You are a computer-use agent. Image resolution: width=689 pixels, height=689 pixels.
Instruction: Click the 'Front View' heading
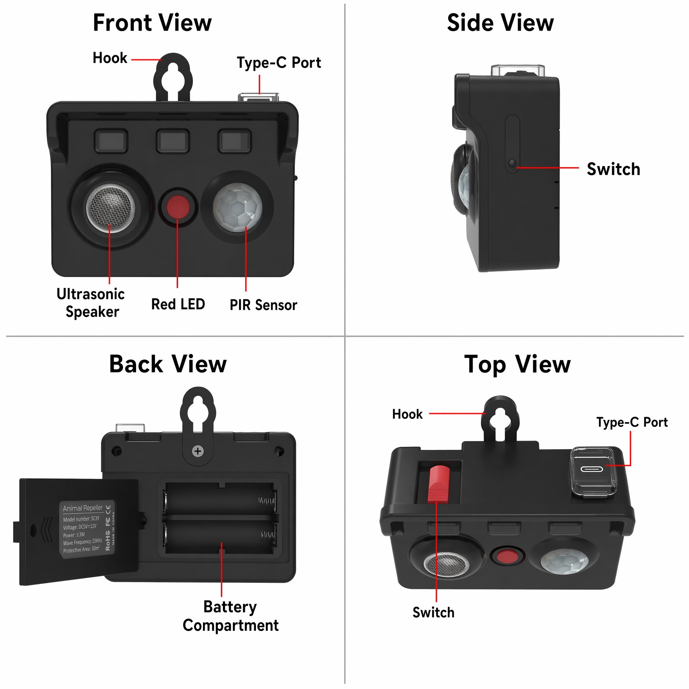tap(152, 23)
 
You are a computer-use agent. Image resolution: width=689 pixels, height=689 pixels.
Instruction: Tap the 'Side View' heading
tap(500, 23)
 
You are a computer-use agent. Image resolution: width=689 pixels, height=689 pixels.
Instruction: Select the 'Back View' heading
tap(168, 364)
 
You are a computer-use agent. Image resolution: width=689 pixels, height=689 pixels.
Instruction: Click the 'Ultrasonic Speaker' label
tap(91, 303)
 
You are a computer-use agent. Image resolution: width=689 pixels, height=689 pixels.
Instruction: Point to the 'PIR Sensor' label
tap(263, 305)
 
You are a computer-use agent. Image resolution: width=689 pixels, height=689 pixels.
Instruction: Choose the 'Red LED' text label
tap(178, 304)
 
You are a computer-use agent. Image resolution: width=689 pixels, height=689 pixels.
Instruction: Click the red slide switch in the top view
tap(439, 484)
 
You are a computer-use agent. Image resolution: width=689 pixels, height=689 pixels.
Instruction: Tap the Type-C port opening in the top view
tap(592, 468)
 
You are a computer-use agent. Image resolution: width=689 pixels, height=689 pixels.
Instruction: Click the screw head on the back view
tap(197, 451)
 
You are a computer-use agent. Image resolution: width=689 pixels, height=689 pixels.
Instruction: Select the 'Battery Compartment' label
tap(230, 616)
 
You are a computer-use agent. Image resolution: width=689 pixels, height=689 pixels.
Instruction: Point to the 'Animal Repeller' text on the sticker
tap(83, 508)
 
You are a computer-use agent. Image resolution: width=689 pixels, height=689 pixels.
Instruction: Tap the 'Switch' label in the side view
tap(614, 169)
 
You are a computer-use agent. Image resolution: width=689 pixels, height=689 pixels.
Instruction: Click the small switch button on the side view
tap(513, 164)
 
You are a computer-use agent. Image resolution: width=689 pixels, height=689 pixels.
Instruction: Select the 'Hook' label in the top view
tap(407, 414)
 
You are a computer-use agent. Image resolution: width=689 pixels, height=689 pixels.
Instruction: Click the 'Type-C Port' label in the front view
tap(279, 63)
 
